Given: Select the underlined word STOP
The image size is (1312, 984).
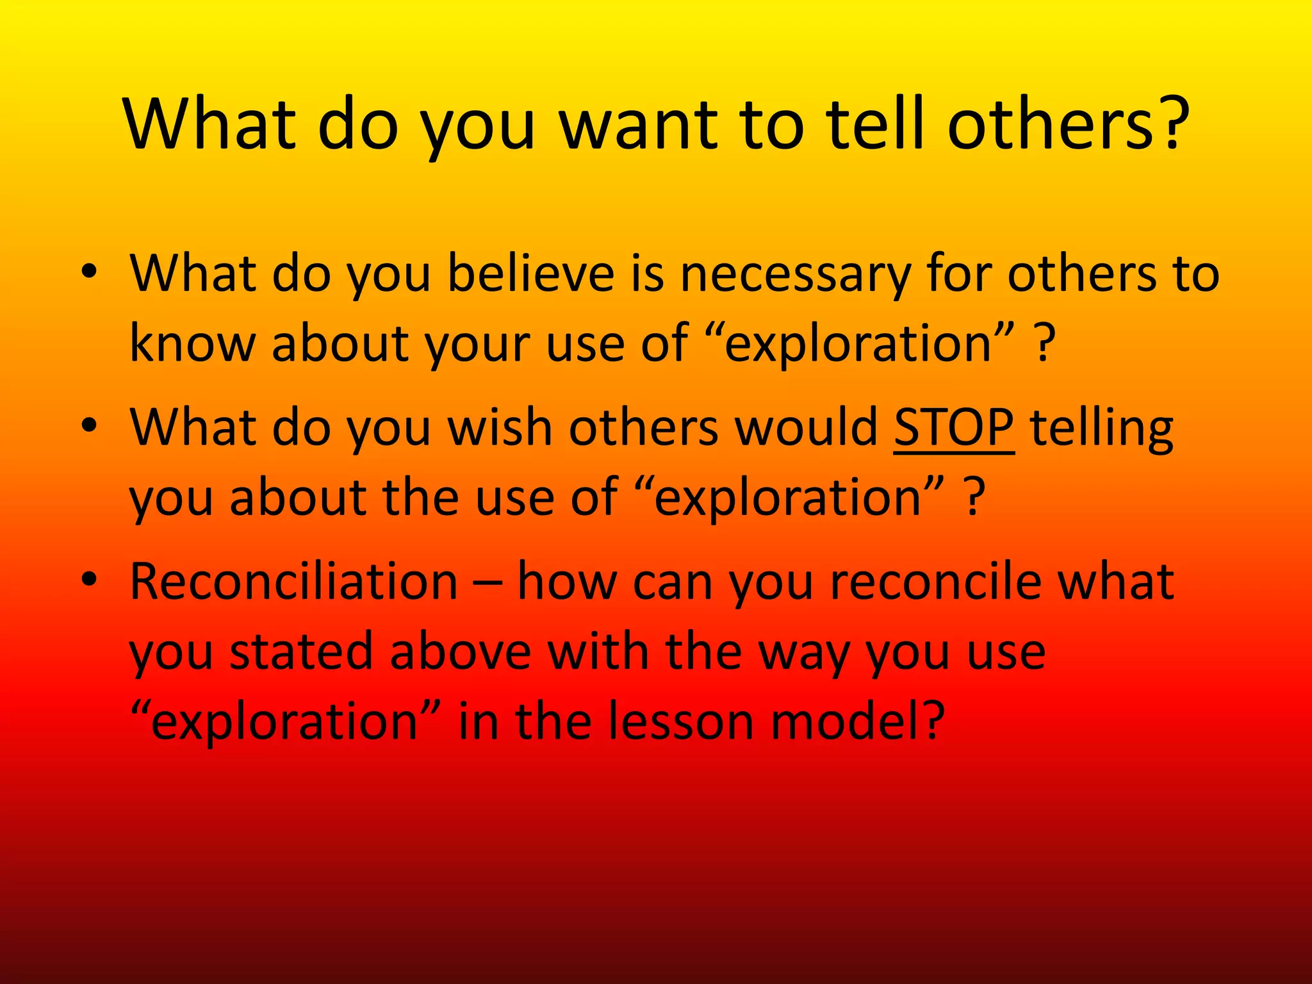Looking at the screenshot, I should (954, 427).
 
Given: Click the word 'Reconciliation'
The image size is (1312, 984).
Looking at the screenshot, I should (293, 581).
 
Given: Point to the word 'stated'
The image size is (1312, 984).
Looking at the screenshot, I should (301, 652).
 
